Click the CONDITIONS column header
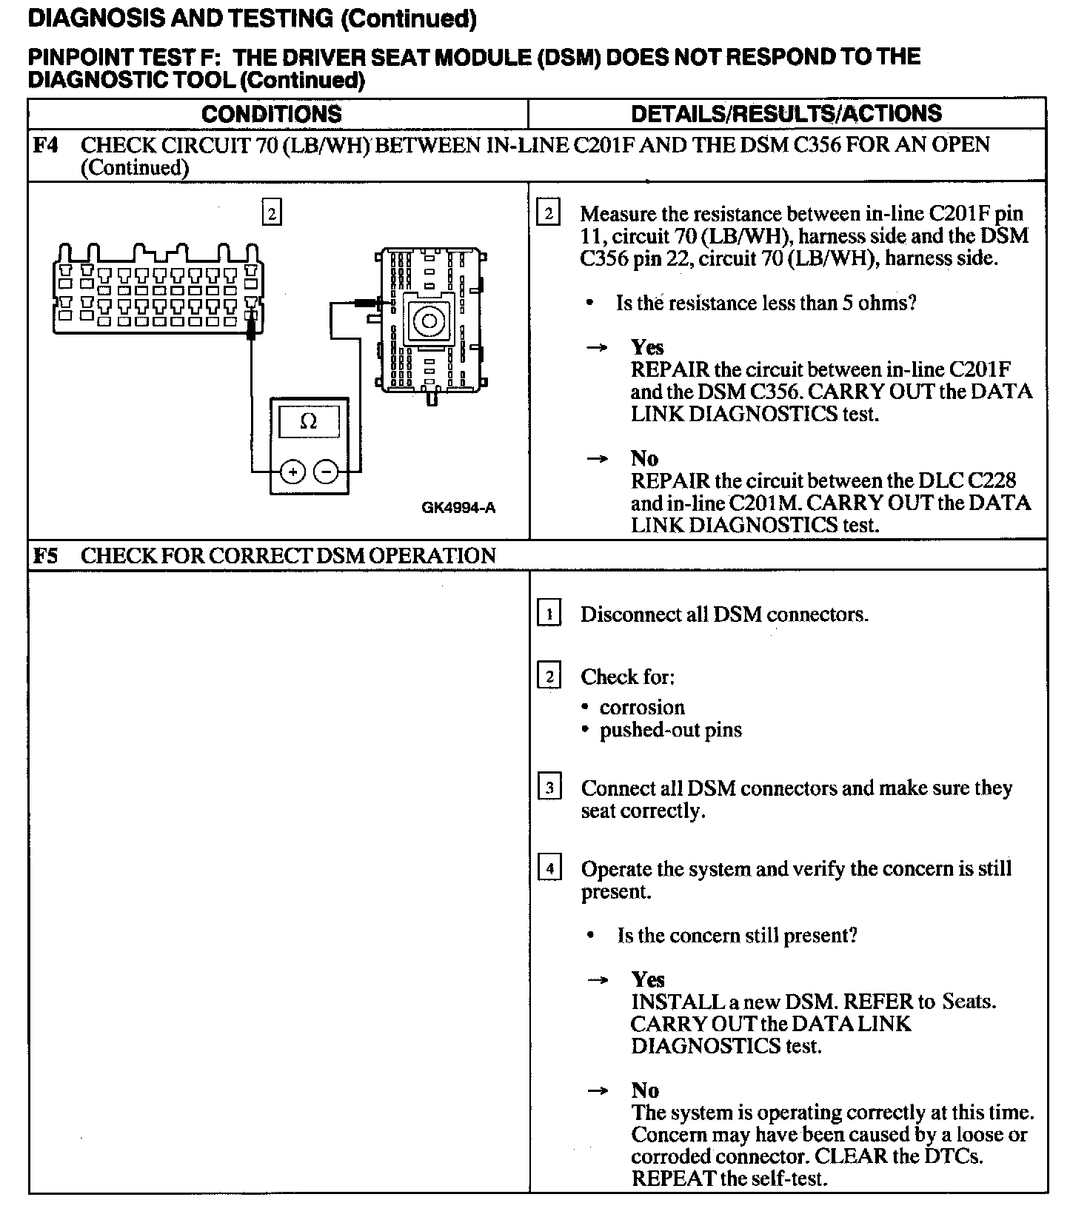click(x=271, y=114)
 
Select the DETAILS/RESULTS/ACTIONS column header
click(x=786, y=113)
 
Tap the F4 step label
click(x=45, y=145)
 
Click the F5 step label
click(x=45, y=556)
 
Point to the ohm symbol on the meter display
click(x=309, y=422)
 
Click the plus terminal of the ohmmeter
click(x=293, y=472)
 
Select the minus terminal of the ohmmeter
click(x=326, y=472)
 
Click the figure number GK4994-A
click(x=458, y=508)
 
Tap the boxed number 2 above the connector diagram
click(x=272, y=214)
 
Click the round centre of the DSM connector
click(x=428, y=321)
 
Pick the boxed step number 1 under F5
click(x=549, y=614)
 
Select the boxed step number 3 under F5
click(x=549, y=788)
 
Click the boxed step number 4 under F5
click(x=549, y=868)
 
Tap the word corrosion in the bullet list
click(x=642, y=708)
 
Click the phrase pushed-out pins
click(x=670, y=731)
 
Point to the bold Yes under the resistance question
click(x=647, y=347)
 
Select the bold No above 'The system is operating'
click(x=645, y=1090)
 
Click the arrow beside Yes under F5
click(x=598, y=980)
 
